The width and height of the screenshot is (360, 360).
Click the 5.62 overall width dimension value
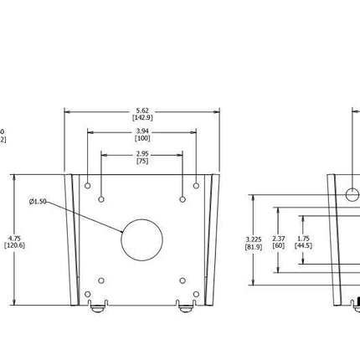pyautogui.click(x=142, y=111)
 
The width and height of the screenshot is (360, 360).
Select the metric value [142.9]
pyautogui.click(x=142, y=118)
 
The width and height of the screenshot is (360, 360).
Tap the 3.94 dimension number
pyautogui.click(x=142, y=131)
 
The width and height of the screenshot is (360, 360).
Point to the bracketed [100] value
pyautogui.click(x=142, y=138)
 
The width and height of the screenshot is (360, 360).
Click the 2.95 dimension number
pyautogui.click(x=142, y=153)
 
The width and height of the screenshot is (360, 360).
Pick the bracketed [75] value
pyautogui.click(x=142, y=160)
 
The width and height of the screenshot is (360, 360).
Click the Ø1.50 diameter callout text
pyautogui.click(x=38, y=202)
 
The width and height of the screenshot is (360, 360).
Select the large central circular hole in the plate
pyautogui.click(x=141, y=240)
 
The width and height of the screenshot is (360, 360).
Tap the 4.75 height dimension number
pyautogui.click(x=15, y=238)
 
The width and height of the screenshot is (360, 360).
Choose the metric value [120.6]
pyautogui.click(x=15, y=245)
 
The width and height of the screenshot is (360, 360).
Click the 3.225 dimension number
pyautogui.click(x=254, y=239)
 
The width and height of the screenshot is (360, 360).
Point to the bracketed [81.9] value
pyautogui.click(x=254, y=247)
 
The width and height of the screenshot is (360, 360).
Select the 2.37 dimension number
pyautogui.click(x=279, y=239)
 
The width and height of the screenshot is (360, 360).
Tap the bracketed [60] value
pyautogui.click(x=279, y=246)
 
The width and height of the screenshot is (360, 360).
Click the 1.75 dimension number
pyautogui.click(x=303, y=239)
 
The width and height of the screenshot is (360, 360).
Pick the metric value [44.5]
pyautogui.click(x=303, y=246)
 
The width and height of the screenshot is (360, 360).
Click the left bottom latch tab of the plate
pyautogui.click(x=98, y=306)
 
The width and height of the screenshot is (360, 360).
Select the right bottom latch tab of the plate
pyautogui.click(x=186, y=306)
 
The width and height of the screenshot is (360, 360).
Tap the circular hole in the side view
pyautogui.click(x=352, y=195)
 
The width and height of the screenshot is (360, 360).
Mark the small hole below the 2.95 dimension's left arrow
pyautogui.click(x=101, y=199)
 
